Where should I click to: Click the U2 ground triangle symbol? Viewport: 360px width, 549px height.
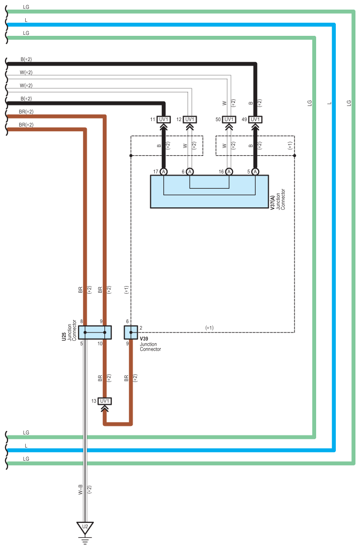pyautogui.click(x=85, y=528)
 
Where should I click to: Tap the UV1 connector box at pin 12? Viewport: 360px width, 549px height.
pyautogui.click(x=190, y=120)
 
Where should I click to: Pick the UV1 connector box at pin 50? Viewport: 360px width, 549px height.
pyautogui.click(x=229, y=120)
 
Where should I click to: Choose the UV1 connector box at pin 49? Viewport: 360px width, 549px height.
pyautogui.click(x=255, y=120)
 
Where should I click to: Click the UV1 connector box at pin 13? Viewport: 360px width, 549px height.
pyautogui.click(x=104, y=401)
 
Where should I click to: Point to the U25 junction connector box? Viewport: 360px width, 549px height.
pyautogui.click(x=95, y=332)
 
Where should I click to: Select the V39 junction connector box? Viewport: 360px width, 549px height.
pyautogui.click(x=131, y=332)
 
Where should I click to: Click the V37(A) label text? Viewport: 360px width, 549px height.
pyautogui.click(x=272, y=201)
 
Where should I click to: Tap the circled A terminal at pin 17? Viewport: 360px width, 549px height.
pyautogui.click(x=164, y=172)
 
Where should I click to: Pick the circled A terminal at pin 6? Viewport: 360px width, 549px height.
pyautogui.click(x=190, y=172)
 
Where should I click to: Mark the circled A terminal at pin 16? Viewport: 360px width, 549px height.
pyautogui.click(x=229, y=172)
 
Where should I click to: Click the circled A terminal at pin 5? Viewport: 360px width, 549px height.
pyautogui.click(x=255, y=172)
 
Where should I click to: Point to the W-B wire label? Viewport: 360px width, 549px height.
pyautogui.click(x=80, y=489)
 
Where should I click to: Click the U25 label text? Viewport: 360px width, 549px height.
pyautogui.click(x=64, y=337)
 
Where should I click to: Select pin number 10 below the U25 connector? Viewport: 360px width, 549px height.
pyautogui.click(x=100, y=344)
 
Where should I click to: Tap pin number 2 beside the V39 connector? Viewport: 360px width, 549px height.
pyautogui.click(x=141, y=328)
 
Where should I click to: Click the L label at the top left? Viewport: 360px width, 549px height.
pyautogui.click(x=26, y=20)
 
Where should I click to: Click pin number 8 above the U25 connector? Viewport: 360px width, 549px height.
pyautogui.click(x=81, y=321)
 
